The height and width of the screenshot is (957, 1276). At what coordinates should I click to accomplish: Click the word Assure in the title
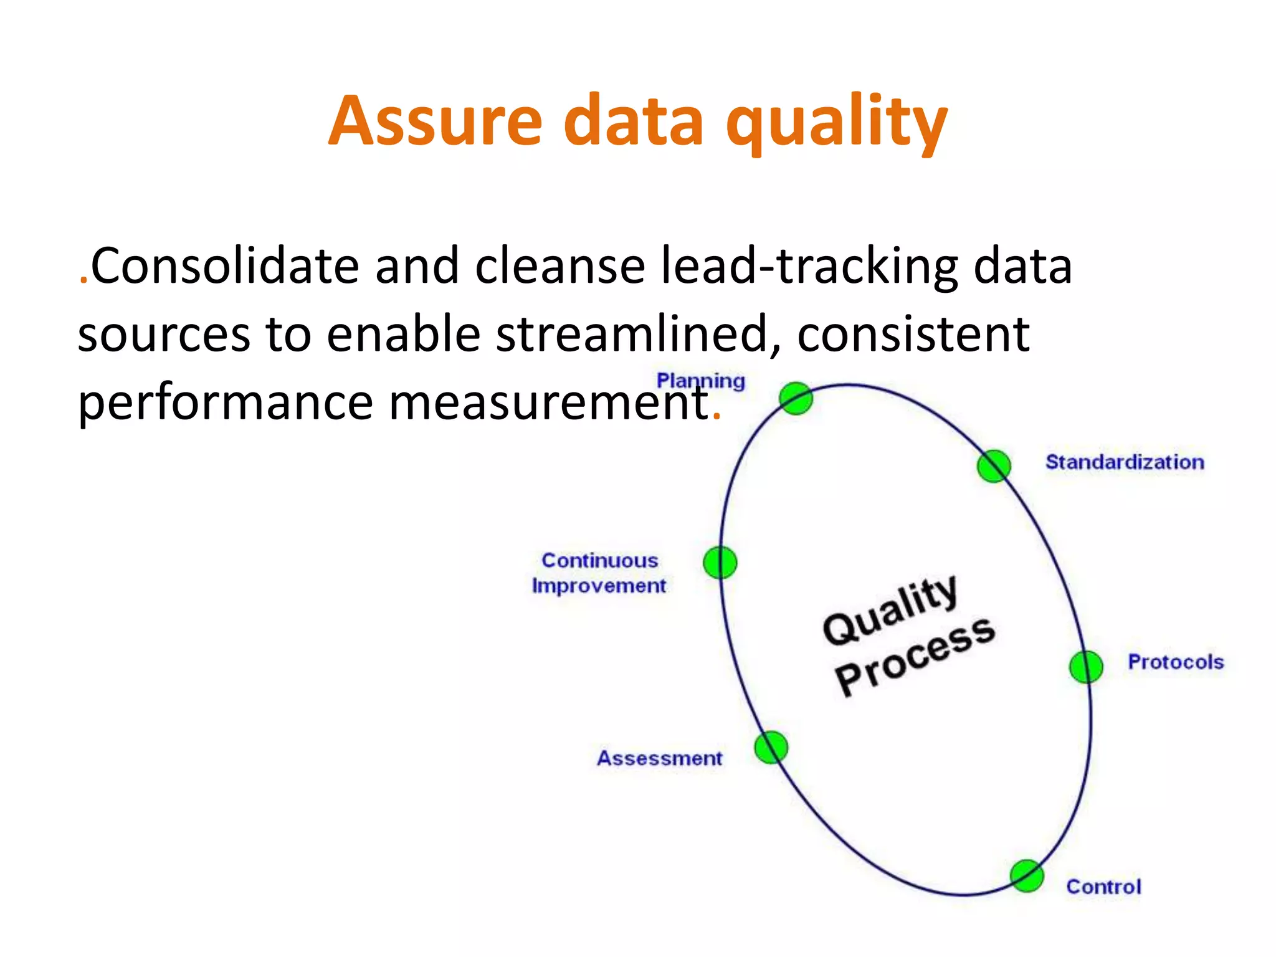pos(436,121)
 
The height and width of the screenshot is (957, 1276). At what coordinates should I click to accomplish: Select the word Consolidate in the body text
pos(224,267)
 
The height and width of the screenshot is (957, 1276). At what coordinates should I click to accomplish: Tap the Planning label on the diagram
pos(700,381)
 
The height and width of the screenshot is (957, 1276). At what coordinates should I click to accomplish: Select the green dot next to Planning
pos(796,399)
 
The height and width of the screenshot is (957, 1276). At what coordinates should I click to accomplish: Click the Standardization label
pos(1124,462)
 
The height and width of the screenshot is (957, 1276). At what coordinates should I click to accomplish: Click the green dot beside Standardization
pos(993,466)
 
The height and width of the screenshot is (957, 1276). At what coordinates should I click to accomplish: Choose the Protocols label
pos(1175,662)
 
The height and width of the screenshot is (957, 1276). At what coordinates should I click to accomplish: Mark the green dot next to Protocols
pos(1086,667)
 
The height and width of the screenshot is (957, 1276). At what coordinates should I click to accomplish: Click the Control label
pos(1103,887)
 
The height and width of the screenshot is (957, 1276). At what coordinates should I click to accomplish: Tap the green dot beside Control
pos(1027,876)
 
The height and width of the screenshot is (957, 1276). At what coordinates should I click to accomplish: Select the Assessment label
pos(659,758)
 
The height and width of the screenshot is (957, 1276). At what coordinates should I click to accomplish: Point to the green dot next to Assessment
pos(771,748)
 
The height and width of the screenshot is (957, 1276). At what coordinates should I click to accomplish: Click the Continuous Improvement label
pos(599,573)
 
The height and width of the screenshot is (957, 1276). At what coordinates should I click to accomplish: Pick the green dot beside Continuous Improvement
pos(720,563)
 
